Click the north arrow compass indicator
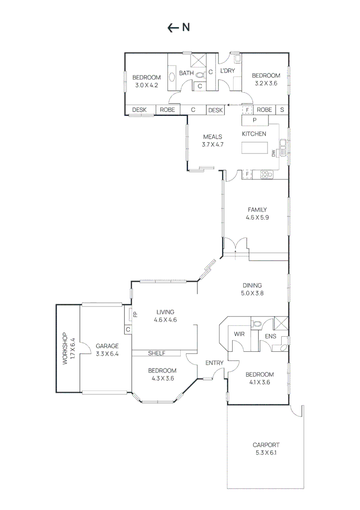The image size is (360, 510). point(178,28)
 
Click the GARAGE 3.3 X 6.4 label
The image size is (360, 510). point(107,349)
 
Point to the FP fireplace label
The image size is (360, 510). point(135,314)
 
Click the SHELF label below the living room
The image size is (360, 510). point(156,353)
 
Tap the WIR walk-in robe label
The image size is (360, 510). point(239,334)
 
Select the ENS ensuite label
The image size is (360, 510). point(270,336)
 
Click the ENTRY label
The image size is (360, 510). point(214,363)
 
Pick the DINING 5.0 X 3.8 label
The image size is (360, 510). point(252,289)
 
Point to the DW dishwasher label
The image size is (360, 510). point(273,153)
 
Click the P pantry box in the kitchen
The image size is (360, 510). point(254,120)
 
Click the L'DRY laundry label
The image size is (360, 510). point(227,71)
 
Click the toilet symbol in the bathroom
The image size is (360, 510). point(200,74)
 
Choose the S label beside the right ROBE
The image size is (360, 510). point(282,110)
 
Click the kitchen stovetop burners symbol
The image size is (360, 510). point(267,174)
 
